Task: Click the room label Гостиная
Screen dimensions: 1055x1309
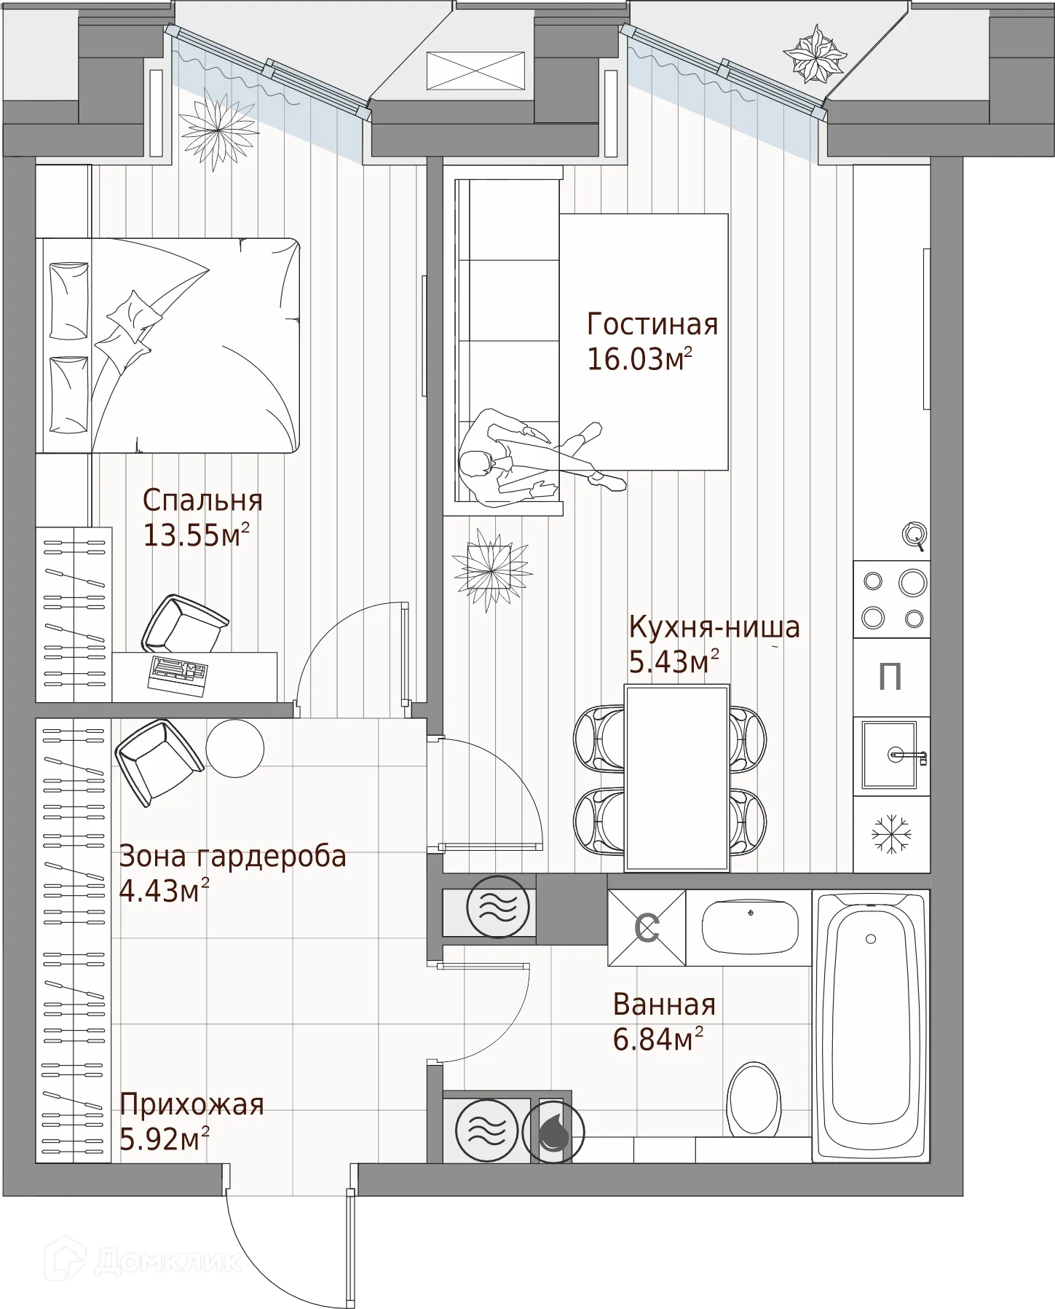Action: tap(652, 324)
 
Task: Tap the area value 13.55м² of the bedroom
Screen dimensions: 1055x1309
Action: tap(197, 535)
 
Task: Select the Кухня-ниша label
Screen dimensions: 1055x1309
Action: tap(714, 627)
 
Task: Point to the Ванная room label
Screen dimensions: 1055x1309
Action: tap(664, 1005)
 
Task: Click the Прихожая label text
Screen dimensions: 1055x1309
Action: tap(191, 1105)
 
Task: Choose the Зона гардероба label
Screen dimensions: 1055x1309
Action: tap(232, 856)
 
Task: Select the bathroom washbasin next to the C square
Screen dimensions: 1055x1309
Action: tap(749, 927)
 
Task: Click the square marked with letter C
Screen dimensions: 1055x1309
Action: tap(647, 928)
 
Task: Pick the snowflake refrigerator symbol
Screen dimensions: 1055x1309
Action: tap(891, 834)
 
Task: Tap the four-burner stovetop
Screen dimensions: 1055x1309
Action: tap(891, 600)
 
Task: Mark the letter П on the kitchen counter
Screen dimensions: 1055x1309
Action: tap(890, 677)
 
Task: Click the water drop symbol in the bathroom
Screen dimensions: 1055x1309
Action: tap(553, 1131)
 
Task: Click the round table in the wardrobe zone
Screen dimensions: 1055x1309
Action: tap(234, 748)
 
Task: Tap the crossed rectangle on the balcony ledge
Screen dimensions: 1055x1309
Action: tap(475, 71)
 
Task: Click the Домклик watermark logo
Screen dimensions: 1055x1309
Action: tap(143, 1260)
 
